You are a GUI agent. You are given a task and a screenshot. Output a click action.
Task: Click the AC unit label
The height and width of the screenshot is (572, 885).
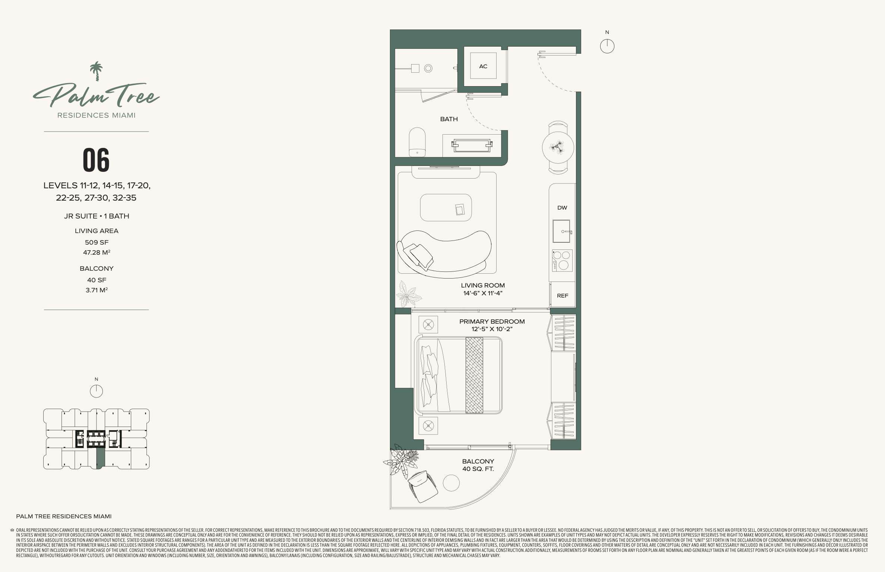click(x=483, y=66)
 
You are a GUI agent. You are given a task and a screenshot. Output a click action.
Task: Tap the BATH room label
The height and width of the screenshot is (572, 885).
click(x=449, y=119)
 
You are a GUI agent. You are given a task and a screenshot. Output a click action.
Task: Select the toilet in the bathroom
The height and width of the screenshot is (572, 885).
click(x=417, y=142)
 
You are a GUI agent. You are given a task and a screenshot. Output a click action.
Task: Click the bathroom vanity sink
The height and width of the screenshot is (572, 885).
click(x=472, y=145)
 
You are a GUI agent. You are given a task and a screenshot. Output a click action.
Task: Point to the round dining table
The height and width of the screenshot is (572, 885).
click(x=558, y=147)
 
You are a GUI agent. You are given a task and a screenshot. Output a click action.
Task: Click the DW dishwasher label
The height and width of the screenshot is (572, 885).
click(x=562, y=208)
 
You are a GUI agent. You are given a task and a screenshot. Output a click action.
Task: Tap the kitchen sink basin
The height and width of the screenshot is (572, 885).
click(x=561, y=231)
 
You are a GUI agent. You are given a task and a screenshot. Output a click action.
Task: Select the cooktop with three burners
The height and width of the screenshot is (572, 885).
click(x=562, y=260)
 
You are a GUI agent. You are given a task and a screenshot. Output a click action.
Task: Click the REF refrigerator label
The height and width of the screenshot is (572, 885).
click(x=563, y=296)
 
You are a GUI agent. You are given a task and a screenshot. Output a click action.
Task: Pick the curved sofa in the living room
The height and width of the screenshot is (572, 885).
click(x=444, y=254)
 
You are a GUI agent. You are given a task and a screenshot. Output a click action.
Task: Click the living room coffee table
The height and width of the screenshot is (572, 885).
click(x=446, y=207)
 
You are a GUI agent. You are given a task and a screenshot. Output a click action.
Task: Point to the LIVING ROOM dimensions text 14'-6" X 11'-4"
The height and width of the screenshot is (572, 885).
click(x=483, y=293)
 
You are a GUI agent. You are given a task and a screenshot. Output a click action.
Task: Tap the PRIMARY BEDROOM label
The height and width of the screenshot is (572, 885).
click(x=492, y=321)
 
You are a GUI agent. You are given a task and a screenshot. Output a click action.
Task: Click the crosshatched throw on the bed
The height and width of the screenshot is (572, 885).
click(x=474, y=375)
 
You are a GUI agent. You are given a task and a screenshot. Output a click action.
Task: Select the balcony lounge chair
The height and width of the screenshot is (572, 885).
click(x=423, y=486)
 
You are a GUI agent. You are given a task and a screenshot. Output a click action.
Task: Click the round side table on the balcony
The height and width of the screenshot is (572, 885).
click(x=451, y=483)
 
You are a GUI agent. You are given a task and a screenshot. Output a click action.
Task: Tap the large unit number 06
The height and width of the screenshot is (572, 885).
click(x=96, y=160)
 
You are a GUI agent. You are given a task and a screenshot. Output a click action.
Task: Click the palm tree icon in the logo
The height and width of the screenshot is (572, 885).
click(x=97, y=71)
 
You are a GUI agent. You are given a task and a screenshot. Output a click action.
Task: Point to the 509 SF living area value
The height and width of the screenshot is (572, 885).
click(x=97, y=242)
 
